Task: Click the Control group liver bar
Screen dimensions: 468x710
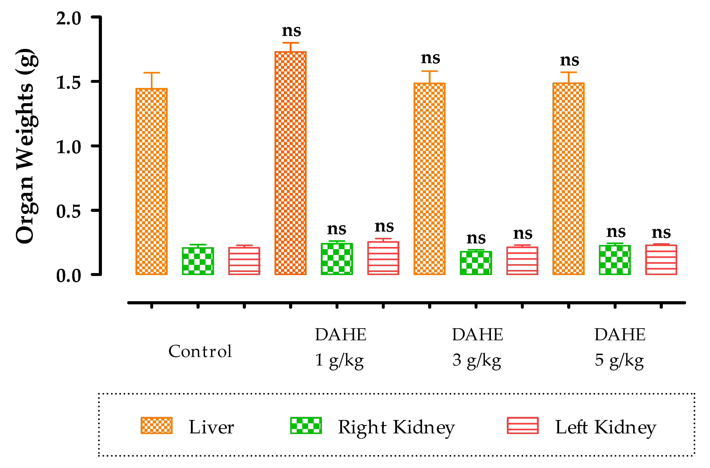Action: pos(152,182)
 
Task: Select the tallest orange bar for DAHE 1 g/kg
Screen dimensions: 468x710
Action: pos(290,163)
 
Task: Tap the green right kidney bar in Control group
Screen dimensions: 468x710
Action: pos(198,261)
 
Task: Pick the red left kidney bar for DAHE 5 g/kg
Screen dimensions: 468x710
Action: pos(661,260)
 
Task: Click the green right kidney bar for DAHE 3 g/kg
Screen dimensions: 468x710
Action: pos(476,263)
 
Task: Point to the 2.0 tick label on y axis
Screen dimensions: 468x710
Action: pos(68,19)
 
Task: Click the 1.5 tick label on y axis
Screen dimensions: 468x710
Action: pos(68,83)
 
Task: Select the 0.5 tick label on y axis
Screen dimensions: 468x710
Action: pos(68,212)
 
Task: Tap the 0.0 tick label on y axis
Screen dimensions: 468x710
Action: pos(68,276)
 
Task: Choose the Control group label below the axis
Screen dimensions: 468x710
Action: pos(200,351)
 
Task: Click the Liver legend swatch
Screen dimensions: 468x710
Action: pos(156,426)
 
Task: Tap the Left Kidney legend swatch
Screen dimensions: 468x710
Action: pos(523,426)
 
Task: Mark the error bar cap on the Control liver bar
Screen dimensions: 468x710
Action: pos(152,73)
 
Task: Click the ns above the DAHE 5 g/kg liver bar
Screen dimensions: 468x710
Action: pos(570,61)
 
